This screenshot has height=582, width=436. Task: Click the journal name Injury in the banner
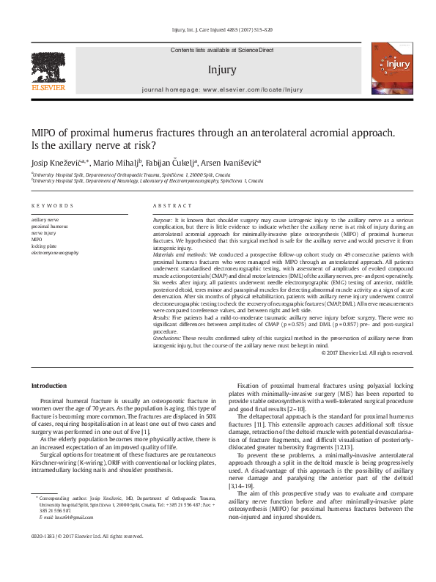point(221,70)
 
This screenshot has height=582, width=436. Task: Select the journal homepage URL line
point(221,89)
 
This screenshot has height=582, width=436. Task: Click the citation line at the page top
point(221,31)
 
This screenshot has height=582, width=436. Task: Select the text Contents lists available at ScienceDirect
point(221,49)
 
